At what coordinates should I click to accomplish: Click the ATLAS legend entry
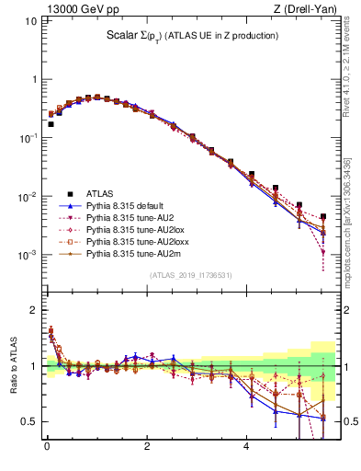(x=101, y=193)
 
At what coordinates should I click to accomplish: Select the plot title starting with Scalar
(x=191, y=36)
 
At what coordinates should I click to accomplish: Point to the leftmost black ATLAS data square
(x=51, y=124)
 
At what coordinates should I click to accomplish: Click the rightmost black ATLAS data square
(x=322, y=217)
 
